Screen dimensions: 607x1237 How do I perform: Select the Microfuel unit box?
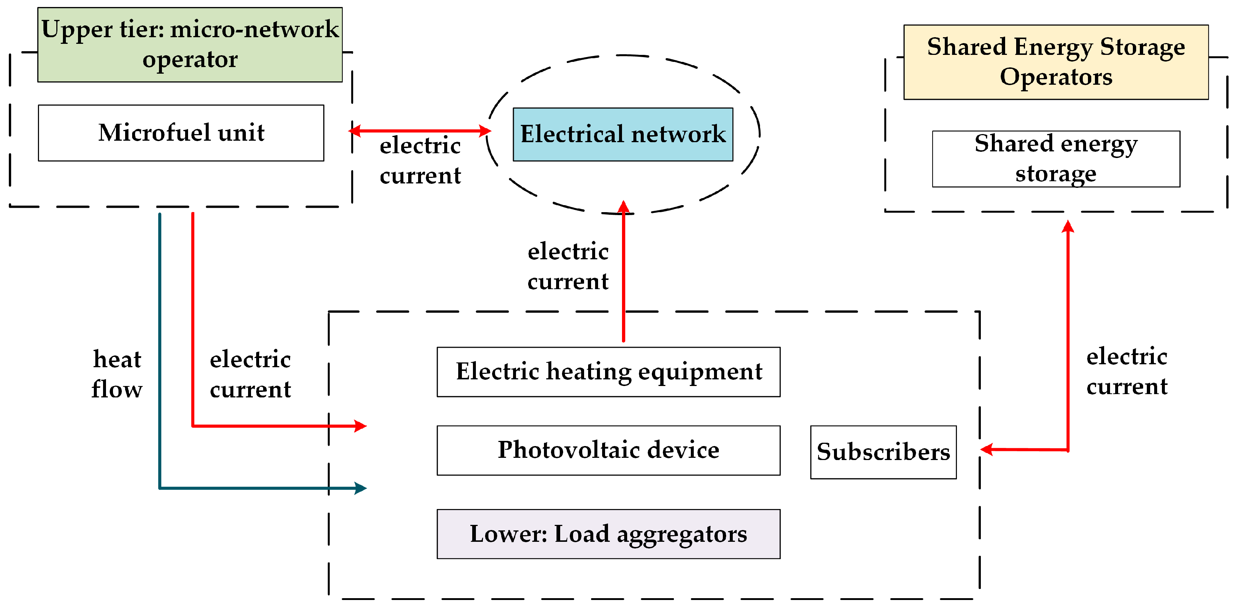click(181, 133)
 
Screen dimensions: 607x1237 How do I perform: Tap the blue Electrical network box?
click(623, 134)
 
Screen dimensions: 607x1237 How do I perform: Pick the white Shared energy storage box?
click(1056, 159)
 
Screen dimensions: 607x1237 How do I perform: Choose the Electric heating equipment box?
click(608, 372)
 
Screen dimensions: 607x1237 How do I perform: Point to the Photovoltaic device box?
click(608, 450)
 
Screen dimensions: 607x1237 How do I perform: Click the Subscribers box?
click(883, 452)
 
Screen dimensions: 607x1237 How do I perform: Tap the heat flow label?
click(117, 374)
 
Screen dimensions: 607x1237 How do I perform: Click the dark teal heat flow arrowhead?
click(361, 488)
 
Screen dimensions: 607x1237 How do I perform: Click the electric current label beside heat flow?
click(250, 374)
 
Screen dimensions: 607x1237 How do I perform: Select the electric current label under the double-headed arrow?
click(420, 160)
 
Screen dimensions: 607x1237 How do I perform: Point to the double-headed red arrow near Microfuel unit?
click(420, 130)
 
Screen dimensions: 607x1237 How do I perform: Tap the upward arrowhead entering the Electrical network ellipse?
click(623, 207)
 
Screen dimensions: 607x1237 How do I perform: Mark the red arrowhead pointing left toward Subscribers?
click(986, 449)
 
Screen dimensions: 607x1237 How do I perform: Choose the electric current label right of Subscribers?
click(1127, 371)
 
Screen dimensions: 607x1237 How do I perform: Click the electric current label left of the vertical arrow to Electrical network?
click(568, 266)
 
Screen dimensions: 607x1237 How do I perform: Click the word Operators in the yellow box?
click(1056, 77)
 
